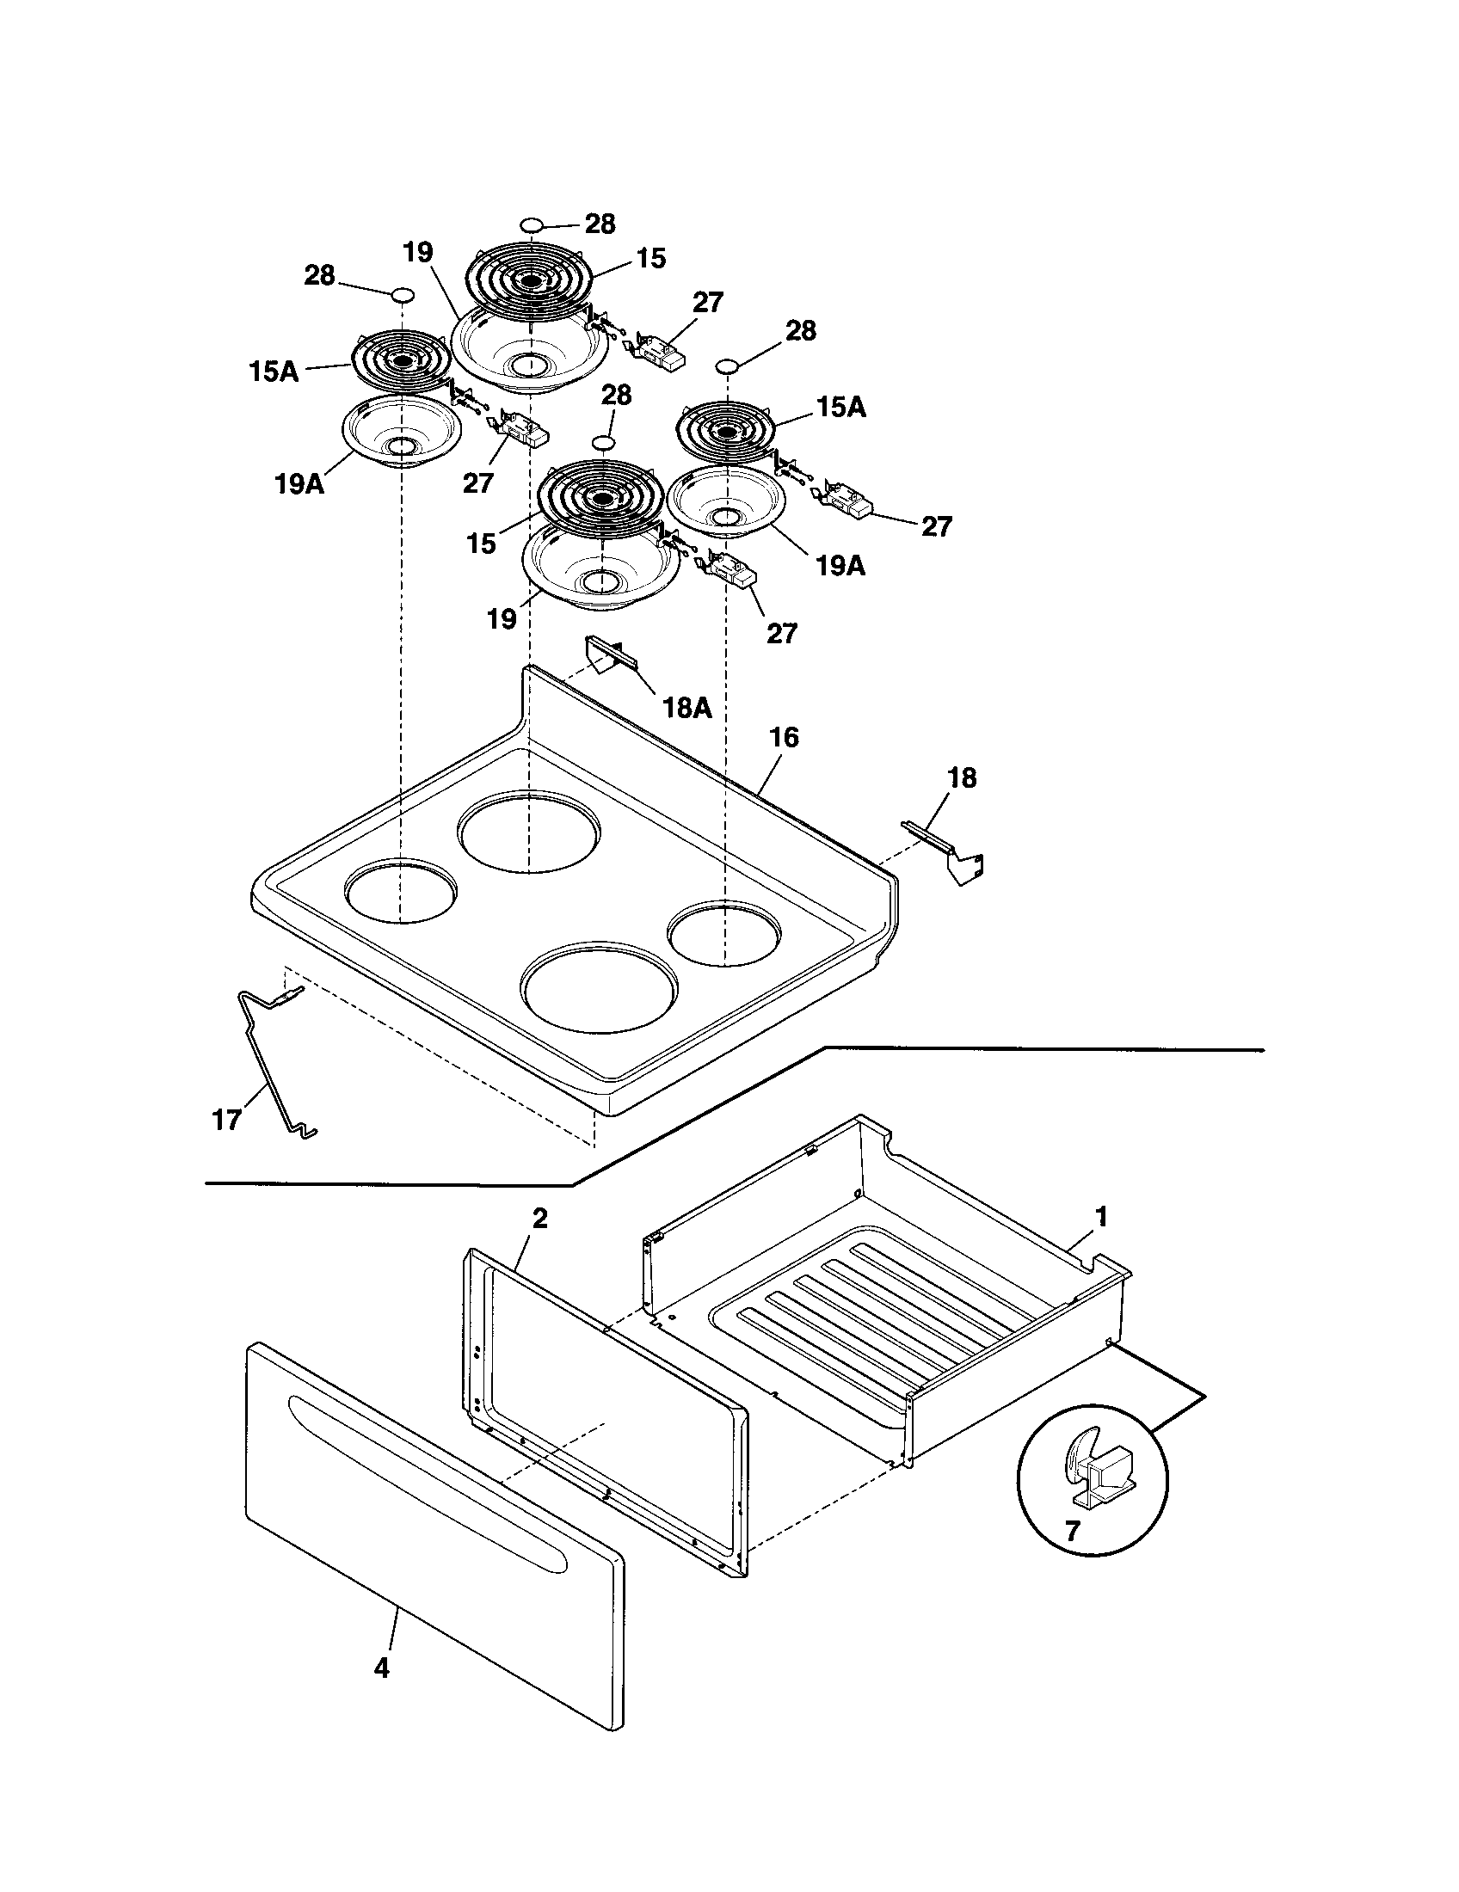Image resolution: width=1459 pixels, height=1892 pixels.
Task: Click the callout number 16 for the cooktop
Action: point(783,738)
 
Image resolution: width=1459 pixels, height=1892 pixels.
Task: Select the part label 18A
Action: point(686,708)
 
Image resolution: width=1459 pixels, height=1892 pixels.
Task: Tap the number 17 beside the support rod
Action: point(226,1120)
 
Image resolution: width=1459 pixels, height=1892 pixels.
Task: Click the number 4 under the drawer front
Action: point(382,1668)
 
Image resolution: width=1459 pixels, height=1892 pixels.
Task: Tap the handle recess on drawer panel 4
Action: point(424,1461)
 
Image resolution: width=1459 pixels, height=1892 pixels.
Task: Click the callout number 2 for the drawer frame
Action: point(539,1219)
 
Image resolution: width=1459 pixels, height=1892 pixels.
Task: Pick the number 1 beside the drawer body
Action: point(1101,1217)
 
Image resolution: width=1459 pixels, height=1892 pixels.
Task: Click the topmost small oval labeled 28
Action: point(531,225)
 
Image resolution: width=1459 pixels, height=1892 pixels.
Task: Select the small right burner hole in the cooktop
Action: point(724,934)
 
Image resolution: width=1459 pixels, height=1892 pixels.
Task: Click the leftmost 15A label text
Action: point(273,372)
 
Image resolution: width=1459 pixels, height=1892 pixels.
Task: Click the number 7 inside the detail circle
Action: point(1073,1532)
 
